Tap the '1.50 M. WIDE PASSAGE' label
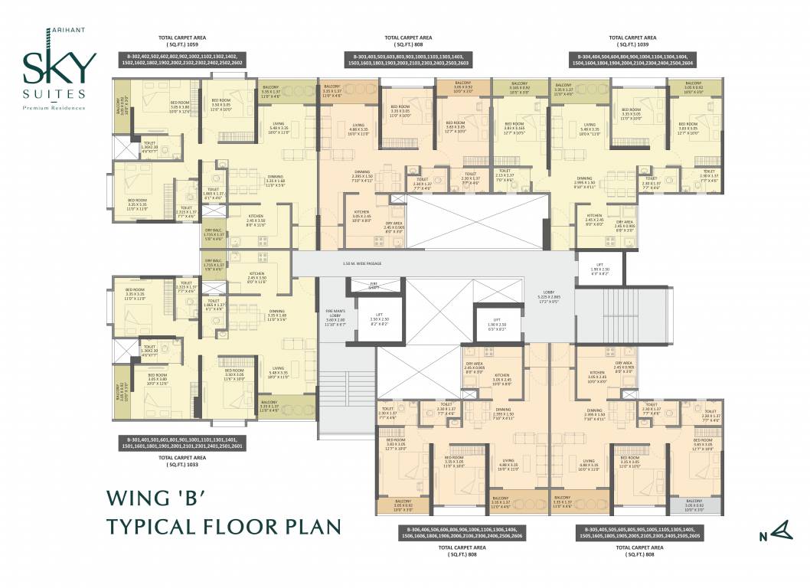362,263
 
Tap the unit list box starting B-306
459,533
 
